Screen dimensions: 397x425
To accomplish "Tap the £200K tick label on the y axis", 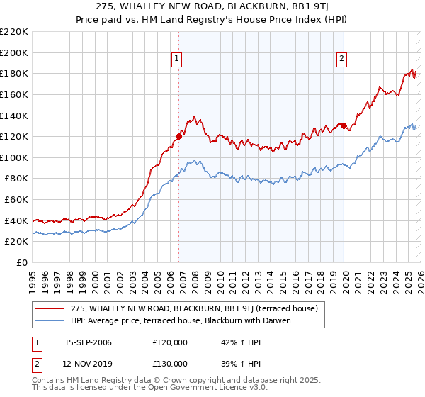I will point(14,52).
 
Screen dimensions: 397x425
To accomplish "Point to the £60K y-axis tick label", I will point(16,200).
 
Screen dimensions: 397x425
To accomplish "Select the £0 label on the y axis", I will point(22,263).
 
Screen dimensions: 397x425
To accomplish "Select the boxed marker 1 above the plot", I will point(176,60).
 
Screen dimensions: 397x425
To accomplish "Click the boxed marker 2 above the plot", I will point(341,60).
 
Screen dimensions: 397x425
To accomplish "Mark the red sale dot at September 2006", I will point(178,136).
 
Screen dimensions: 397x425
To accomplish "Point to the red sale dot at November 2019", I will point(344,125).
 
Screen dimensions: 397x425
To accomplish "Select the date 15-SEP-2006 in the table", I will point(88,342).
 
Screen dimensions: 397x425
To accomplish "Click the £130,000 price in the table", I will point(170,363).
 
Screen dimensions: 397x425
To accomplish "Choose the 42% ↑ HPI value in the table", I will point(233,342).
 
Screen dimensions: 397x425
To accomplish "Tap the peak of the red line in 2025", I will point(412,69).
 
